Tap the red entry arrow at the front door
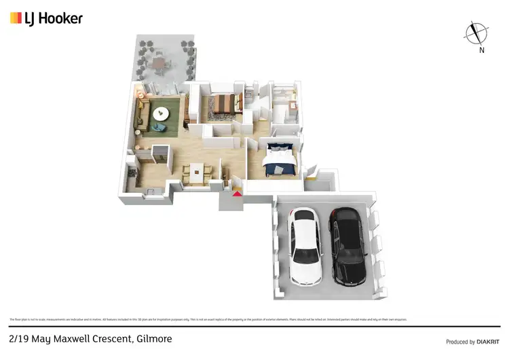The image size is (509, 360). click(237, 194)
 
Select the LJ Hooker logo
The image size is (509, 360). click(46, 18)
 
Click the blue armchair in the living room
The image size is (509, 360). click(158, 127)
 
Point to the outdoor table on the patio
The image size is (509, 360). click(159, 64)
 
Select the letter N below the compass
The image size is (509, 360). click(480, 50)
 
